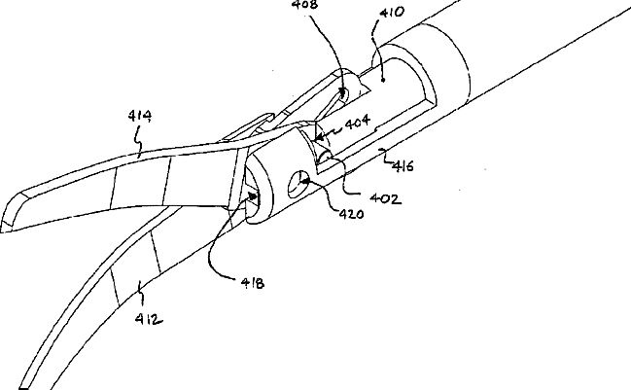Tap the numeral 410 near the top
pos(394,14)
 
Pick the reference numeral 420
pos(350,214)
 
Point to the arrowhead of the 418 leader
pos(257,195)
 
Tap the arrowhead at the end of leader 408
pos(342,94)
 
